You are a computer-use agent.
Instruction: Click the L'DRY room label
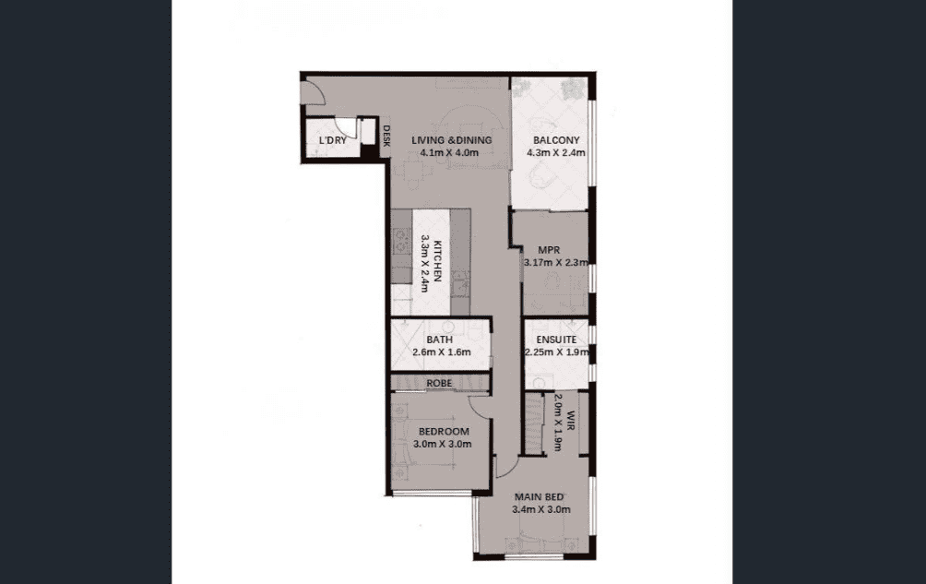point(332,140)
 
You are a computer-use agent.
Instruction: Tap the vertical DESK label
point(386,136)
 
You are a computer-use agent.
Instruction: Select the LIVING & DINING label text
point(452,140)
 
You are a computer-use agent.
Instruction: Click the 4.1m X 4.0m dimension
point(449,153)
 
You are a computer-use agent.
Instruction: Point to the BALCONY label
point(556,140)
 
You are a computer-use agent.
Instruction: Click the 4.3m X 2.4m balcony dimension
point(556,153)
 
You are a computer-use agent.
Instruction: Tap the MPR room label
point(549,250)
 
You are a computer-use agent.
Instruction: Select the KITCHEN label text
point(437,260)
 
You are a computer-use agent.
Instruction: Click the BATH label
point(439,340)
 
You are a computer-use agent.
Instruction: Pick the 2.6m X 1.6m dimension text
point(442,352)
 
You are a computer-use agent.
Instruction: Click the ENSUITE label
point(556,340)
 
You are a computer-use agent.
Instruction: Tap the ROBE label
point(439,383)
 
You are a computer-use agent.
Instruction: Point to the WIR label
point(571,422)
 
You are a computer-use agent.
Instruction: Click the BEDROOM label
point(444,432)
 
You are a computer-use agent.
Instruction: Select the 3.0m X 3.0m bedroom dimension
point(443,444)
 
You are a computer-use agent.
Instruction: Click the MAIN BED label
point(539,497)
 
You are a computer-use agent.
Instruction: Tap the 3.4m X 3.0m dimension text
point(541,509)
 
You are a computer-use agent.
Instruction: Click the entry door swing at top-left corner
point(312,92)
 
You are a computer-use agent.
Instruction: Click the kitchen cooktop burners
point(401,239)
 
